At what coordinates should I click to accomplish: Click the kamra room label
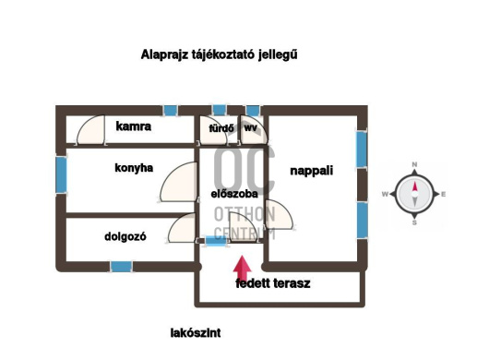pos(134,126)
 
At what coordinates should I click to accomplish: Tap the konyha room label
pos(134,168)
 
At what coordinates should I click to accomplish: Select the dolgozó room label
pos(125,235)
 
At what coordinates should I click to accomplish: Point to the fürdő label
pos(221,128)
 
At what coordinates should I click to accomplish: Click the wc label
pos(251,127)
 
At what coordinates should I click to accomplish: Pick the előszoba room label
pos(233,194)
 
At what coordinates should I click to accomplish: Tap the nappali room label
pos(311,171)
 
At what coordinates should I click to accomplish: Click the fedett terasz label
pos(273,283)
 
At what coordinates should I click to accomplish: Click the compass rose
pos(415,194)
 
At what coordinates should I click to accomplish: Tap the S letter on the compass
pos(415,222)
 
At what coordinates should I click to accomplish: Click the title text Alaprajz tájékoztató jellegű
pos(219,54)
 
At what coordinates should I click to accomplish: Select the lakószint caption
pos(196,332)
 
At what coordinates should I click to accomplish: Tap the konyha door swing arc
pos(181,185)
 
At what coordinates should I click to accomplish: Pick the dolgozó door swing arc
pos(184,230)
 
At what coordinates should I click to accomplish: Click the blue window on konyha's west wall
pos(61,172)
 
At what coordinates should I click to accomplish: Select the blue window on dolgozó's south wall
pos(121,267)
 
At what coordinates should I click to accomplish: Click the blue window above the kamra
pos(170,110)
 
